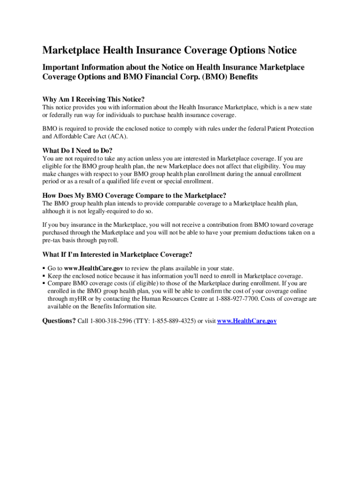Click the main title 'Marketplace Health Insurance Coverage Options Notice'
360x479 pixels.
(170, 51)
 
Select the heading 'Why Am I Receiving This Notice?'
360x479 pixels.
(94, 99)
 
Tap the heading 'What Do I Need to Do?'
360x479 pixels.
(78, 151)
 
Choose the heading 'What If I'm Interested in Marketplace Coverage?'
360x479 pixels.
(117, 254)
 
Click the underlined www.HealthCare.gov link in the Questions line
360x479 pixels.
(247, 321)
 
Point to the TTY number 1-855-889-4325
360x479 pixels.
(173, 321)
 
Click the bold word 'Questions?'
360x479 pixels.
(59, 321)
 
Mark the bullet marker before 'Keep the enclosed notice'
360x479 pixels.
(44, 276)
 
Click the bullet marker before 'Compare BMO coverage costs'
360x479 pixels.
(44, 283)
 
